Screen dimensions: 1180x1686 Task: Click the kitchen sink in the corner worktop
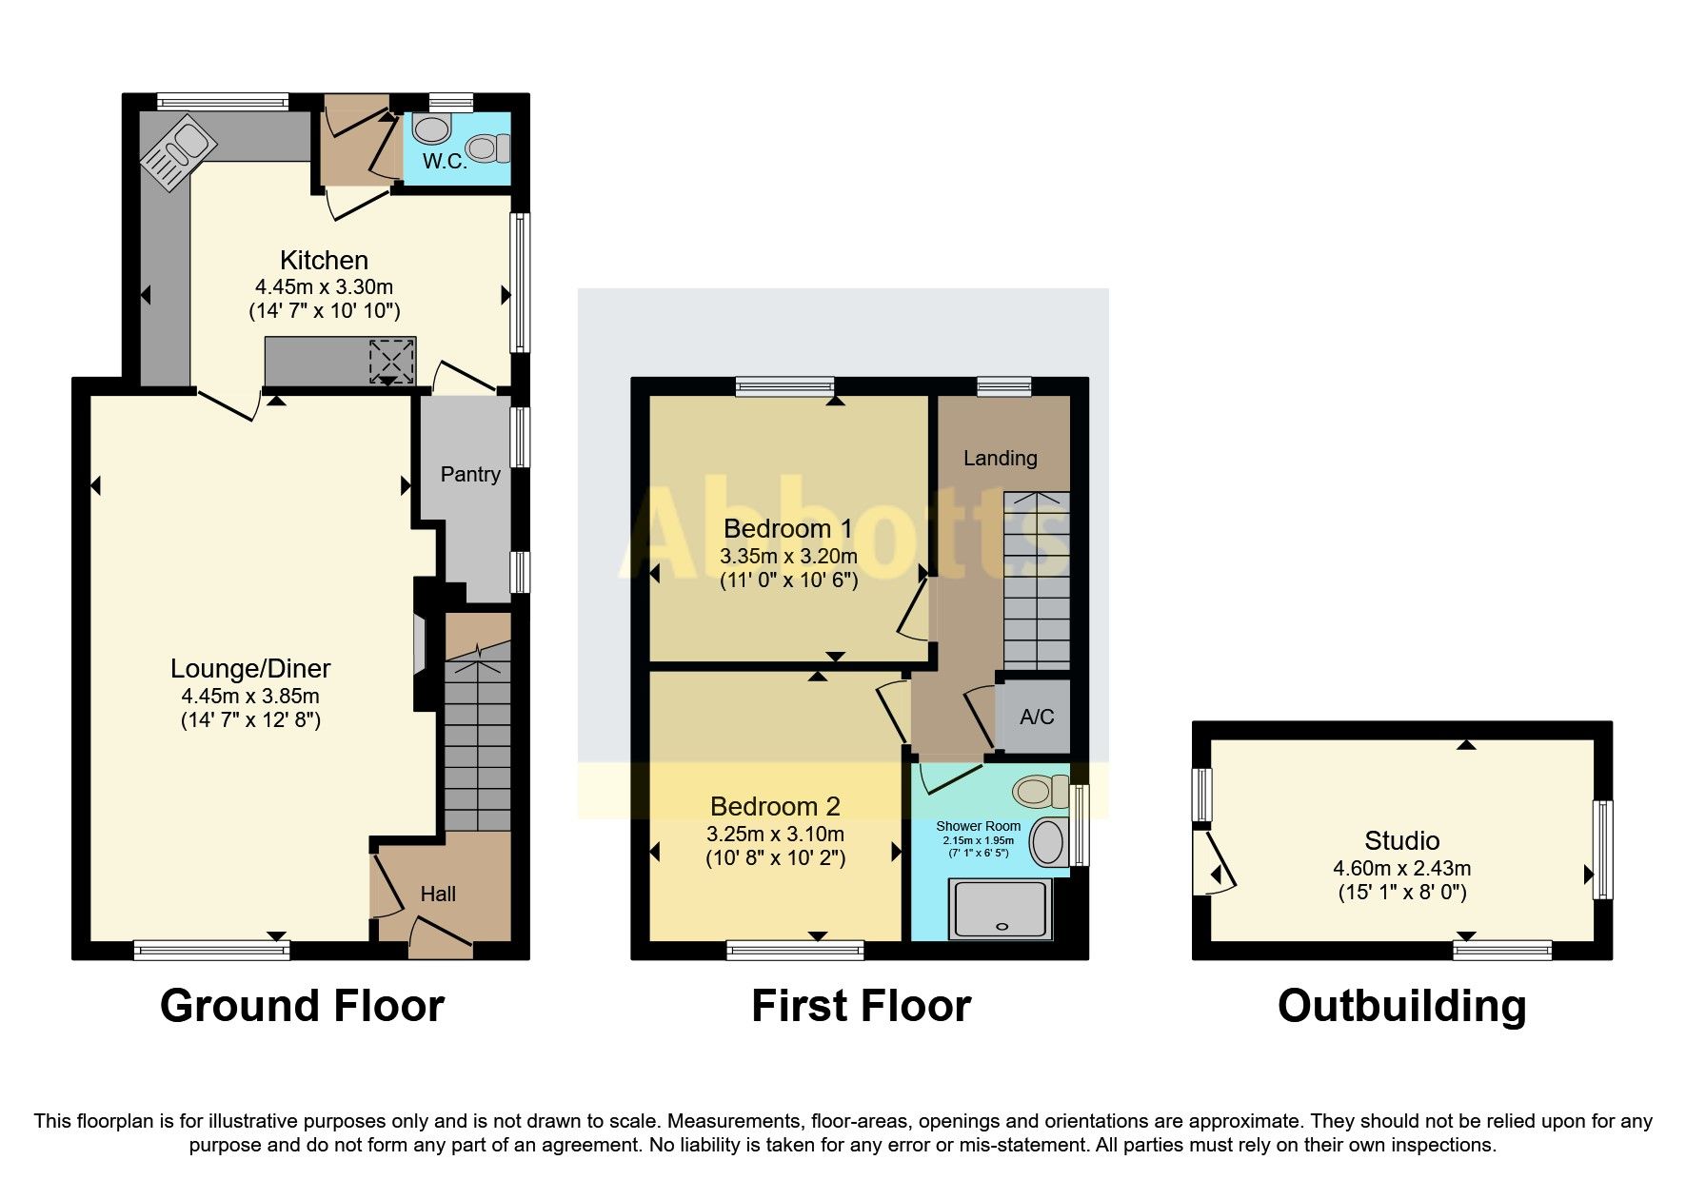(178, 152)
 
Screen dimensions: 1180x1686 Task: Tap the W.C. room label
(445, 162)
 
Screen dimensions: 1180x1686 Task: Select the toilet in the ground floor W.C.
(489, 148)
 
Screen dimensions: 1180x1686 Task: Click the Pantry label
(470, 474)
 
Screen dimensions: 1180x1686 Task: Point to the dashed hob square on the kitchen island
(392, 361)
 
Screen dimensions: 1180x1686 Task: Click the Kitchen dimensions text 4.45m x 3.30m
(324, 286)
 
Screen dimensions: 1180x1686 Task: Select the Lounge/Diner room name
(250, 668)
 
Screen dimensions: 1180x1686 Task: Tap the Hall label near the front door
(438, 894)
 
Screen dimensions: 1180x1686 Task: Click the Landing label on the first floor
(1000, 458)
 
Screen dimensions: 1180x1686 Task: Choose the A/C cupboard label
(1037, 717)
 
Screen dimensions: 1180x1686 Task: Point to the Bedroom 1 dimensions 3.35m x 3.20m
(788, 556)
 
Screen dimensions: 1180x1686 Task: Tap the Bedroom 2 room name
(775, 807)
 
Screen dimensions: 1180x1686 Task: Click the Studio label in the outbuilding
(1401, 840)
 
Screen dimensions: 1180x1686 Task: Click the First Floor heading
(861, 1006)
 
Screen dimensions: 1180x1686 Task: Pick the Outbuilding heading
(1401, 1006)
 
